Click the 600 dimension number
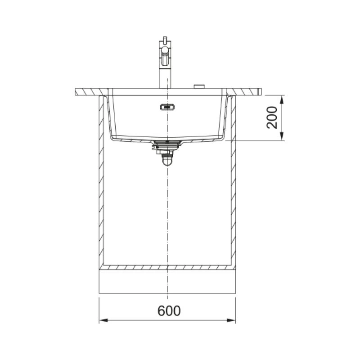pyautogui.click(x=169, y=310)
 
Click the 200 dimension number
pyautogui.click(x=272, y=117)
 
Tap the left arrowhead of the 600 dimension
pyautogui.click(x=103, y=320)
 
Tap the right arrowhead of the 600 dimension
pyautogui.click(x=231, y=320)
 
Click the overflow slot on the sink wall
pyautogui.click(x=167, y=107)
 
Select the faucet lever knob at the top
pyautogui.click(x=164, y=40)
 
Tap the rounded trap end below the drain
pyautogui.click(x=167, y=161)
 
